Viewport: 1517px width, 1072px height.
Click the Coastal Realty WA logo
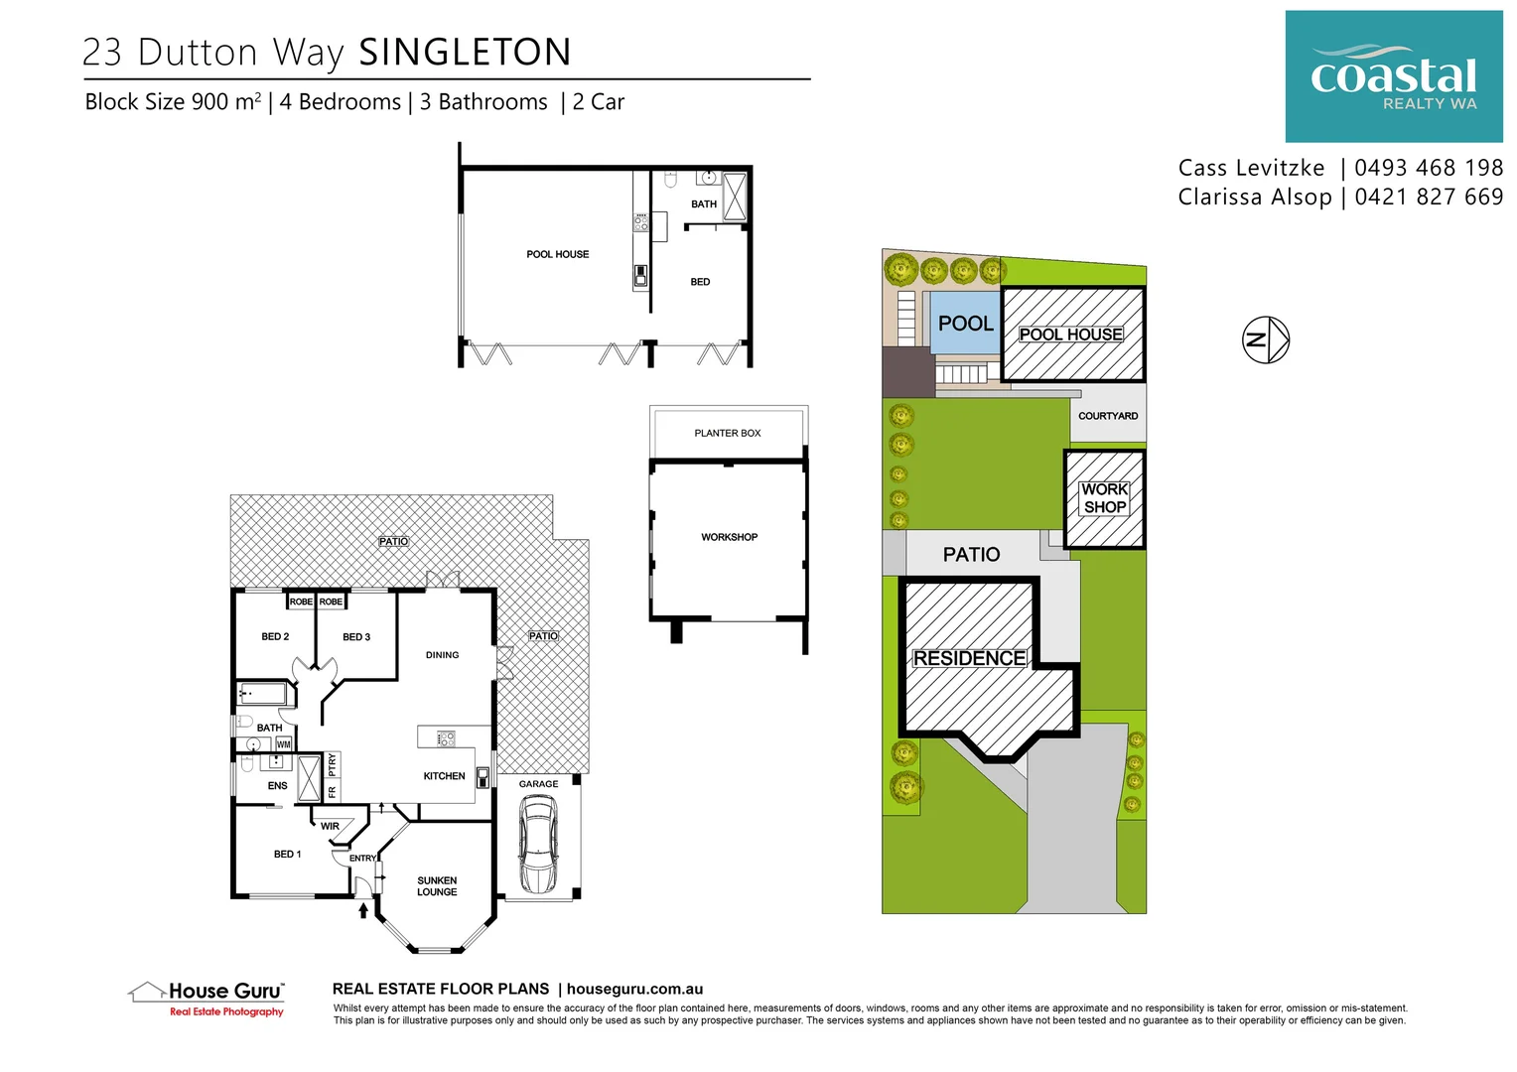tap(1393, 76)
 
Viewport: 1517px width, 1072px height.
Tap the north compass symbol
tap(1266, 339)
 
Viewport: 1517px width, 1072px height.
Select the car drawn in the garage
tap(537, 845)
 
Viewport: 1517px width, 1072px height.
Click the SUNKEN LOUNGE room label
tap(437, 886)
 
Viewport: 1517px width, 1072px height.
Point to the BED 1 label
tap(287, 854)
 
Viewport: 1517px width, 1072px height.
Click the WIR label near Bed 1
tap(330, 826)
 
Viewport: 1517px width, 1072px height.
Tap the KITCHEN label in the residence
tap(444, 776)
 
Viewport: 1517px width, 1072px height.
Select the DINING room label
tap(442, 655)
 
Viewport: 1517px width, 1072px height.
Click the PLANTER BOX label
tap(727, 433)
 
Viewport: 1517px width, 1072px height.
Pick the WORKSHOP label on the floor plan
tap(729, 537)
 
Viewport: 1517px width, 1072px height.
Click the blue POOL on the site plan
tap(964, 324)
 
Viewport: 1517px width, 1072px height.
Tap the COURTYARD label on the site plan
tap(1108, 416)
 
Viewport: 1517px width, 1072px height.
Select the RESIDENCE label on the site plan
tap(969, 658)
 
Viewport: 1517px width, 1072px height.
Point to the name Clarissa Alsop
tap(1254, 197)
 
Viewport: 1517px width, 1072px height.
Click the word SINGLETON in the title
tap(465, 53)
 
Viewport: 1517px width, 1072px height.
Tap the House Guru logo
tap(207, 997)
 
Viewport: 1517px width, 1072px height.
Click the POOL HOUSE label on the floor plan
tap(557, 254)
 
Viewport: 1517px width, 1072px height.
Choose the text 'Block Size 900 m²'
tap(173, 102)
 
